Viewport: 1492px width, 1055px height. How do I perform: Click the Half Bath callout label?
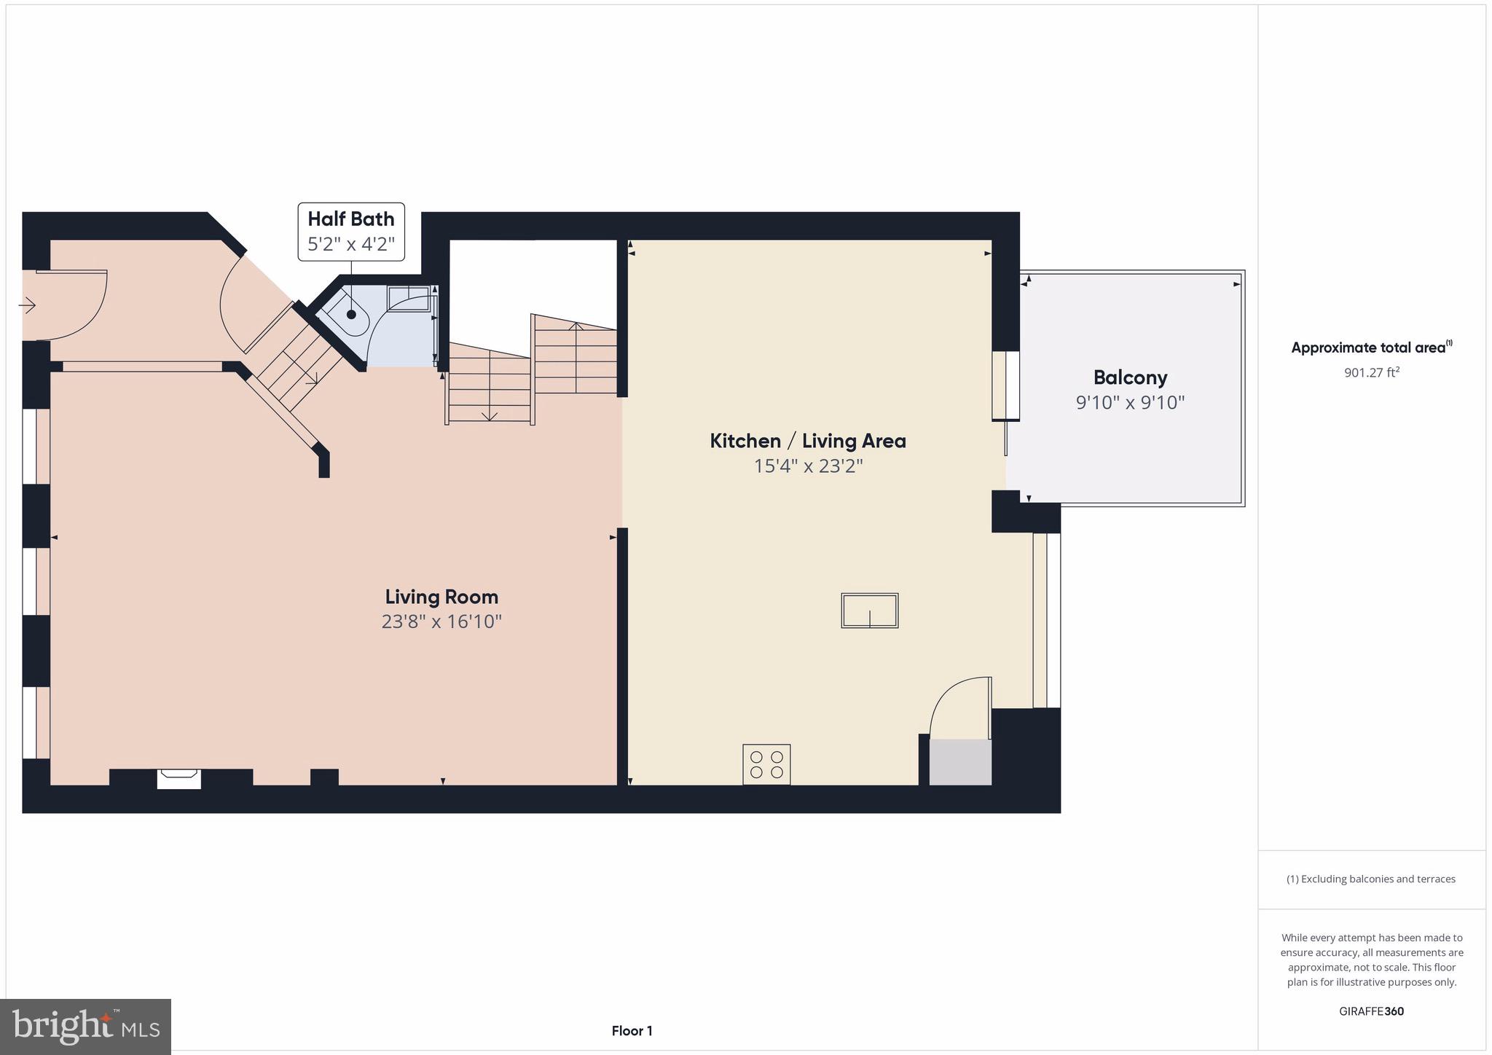click(x=350, y=231)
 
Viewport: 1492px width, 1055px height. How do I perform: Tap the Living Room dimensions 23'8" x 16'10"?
click(x=441, y=621)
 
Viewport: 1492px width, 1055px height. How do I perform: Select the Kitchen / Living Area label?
click(x=808, y=441)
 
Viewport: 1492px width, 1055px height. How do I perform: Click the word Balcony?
click(x=1130, y=377)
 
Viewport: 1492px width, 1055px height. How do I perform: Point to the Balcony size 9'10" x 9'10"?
click(x=1130, y=402)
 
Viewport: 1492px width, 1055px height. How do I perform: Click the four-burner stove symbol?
click(x=766, y=764)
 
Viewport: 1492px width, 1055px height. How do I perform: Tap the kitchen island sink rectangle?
click(x=869, y=611)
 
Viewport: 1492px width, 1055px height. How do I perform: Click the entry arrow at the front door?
click(x=27, y=305)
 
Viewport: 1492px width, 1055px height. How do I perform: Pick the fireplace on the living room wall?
click(x=179, y=778)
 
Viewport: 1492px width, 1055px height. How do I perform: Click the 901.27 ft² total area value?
click(x=1371, y=372)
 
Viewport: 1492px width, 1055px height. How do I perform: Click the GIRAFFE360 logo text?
click(x=1371, y=1011)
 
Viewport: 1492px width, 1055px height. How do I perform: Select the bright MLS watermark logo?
click(x=85, y=1027)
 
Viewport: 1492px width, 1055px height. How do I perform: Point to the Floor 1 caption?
click(x=632, y=1031)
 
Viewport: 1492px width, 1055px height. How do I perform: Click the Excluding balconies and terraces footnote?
click(x=1371, y=879)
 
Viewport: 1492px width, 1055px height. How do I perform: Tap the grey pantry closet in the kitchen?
click(x=960, y=762)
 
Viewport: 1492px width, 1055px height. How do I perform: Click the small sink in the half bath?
click(x=409, y=299)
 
